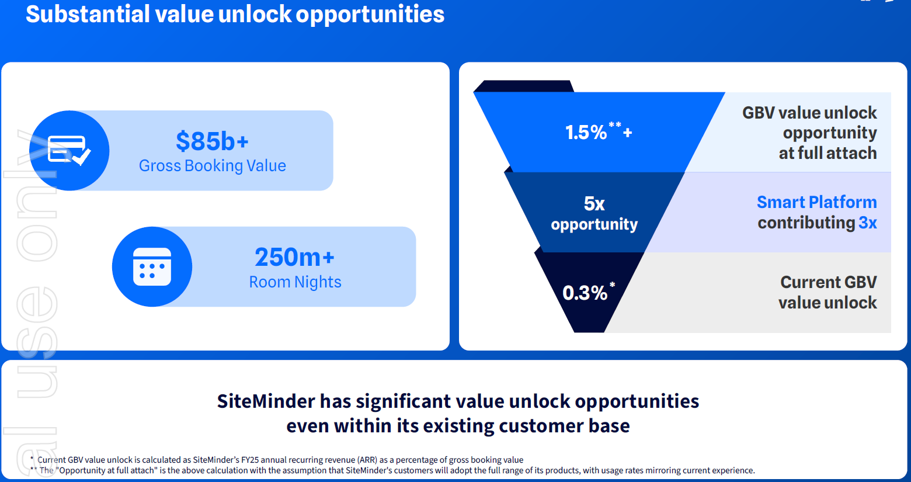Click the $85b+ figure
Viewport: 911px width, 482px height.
tap(212, 141)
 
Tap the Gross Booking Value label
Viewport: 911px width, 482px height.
tap(213, 166)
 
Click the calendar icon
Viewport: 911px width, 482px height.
tap(152, 266)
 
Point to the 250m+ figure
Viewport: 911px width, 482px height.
tap(294, 257)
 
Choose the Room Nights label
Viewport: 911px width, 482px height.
tap(295, 282)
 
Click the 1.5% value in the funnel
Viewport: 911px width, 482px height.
tap(586, 132)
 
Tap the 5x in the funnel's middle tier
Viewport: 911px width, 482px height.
tap(594, 203)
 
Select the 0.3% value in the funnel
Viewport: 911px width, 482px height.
tap(585, 293)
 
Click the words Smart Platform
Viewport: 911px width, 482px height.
tap(816, 202)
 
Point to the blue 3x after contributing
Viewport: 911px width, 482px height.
tap(867, 223)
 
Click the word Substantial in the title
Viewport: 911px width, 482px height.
tap(88, 14)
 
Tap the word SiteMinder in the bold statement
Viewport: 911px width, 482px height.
tap(266, 401)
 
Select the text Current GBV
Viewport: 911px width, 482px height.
tap(829, 282)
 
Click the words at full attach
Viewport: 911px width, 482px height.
tap(827, 153)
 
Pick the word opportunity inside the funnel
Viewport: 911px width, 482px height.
tap(594, 224)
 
